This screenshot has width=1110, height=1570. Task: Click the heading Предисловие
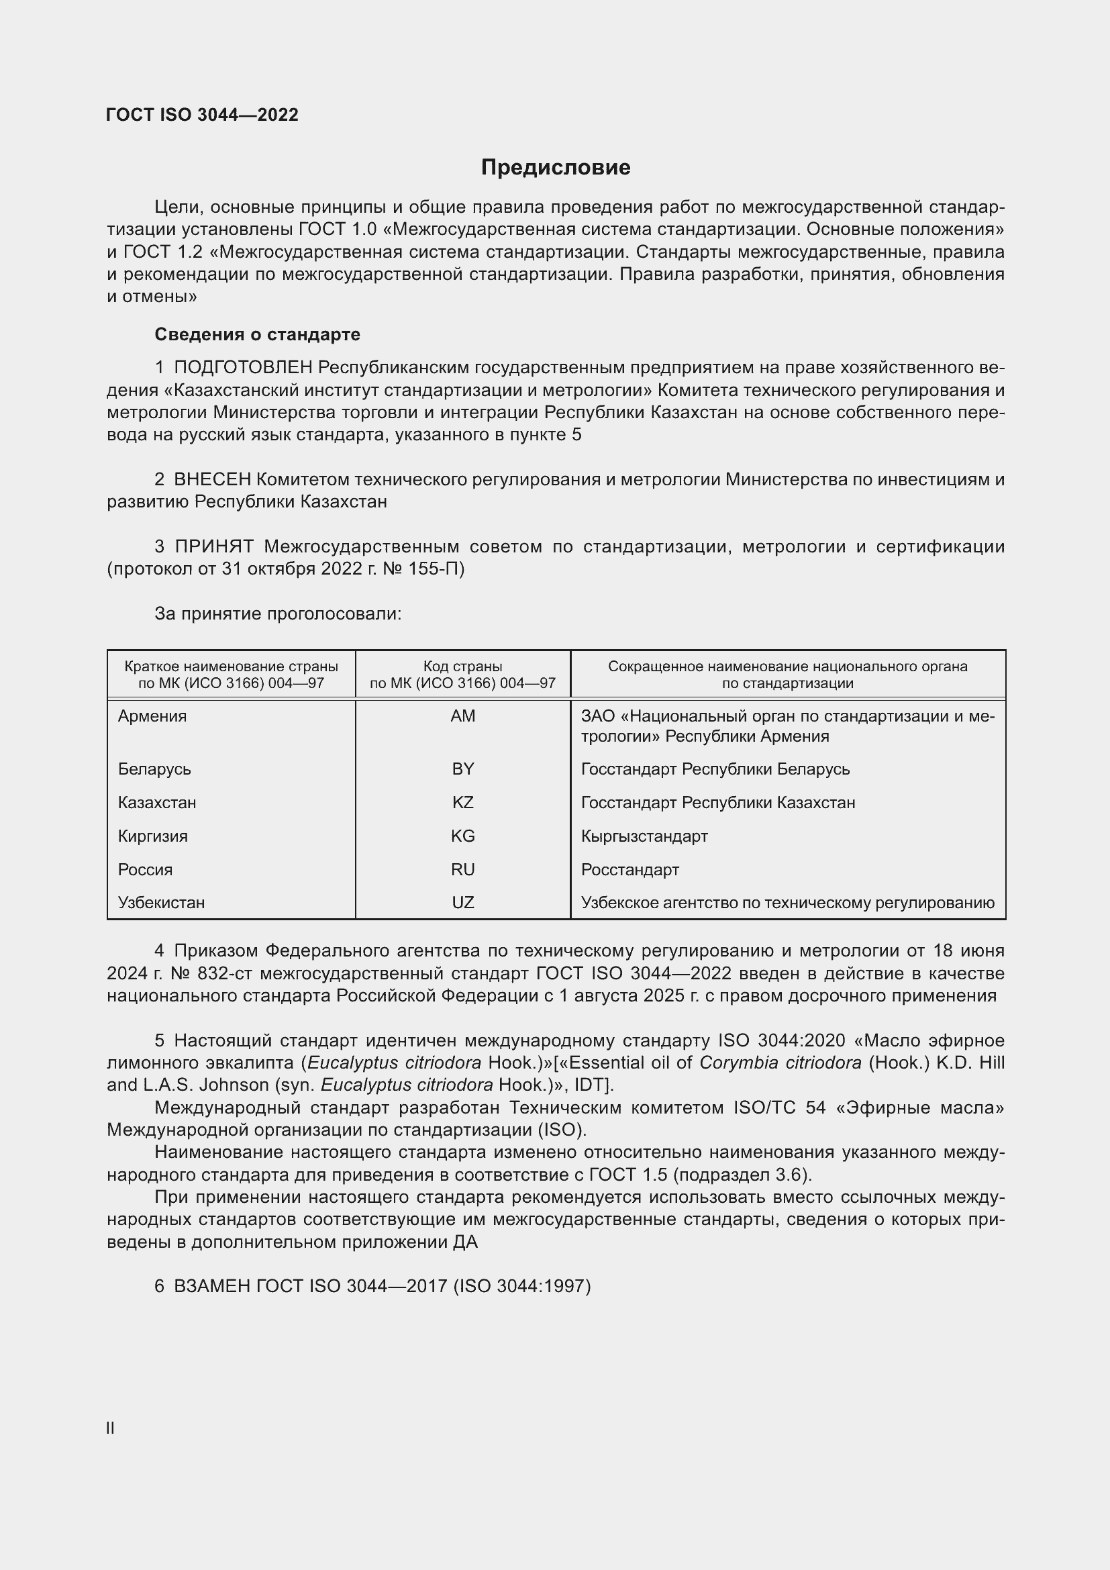click(555, 168)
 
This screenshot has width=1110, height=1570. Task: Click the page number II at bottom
click(110, 1428)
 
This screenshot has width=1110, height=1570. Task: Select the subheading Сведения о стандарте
click(257, 334)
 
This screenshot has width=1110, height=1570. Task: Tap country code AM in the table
click(463, 716)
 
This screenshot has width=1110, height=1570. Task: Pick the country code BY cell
click(463, 769)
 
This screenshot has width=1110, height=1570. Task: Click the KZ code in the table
click(463, 802)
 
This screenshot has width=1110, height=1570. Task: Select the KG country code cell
click(463, 836)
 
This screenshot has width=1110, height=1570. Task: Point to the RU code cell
click(463, 869)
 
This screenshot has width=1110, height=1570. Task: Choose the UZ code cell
click(463, 902)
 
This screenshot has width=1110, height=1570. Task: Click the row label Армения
click(152, 716)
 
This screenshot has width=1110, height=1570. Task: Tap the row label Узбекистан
click(161, 902)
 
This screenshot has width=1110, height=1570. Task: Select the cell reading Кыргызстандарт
click(644, 836)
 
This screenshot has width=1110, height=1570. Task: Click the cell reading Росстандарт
click(629, 869)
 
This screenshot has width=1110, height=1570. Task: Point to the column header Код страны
click(463, 666)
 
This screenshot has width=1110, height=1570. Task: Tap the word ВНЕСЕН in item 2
click(213, 479)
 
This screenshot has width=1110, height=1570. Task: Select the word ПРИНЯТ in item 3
click(214, 546)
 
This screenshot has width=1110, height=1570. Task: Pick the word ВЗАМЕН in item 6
click(213, 1286)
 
